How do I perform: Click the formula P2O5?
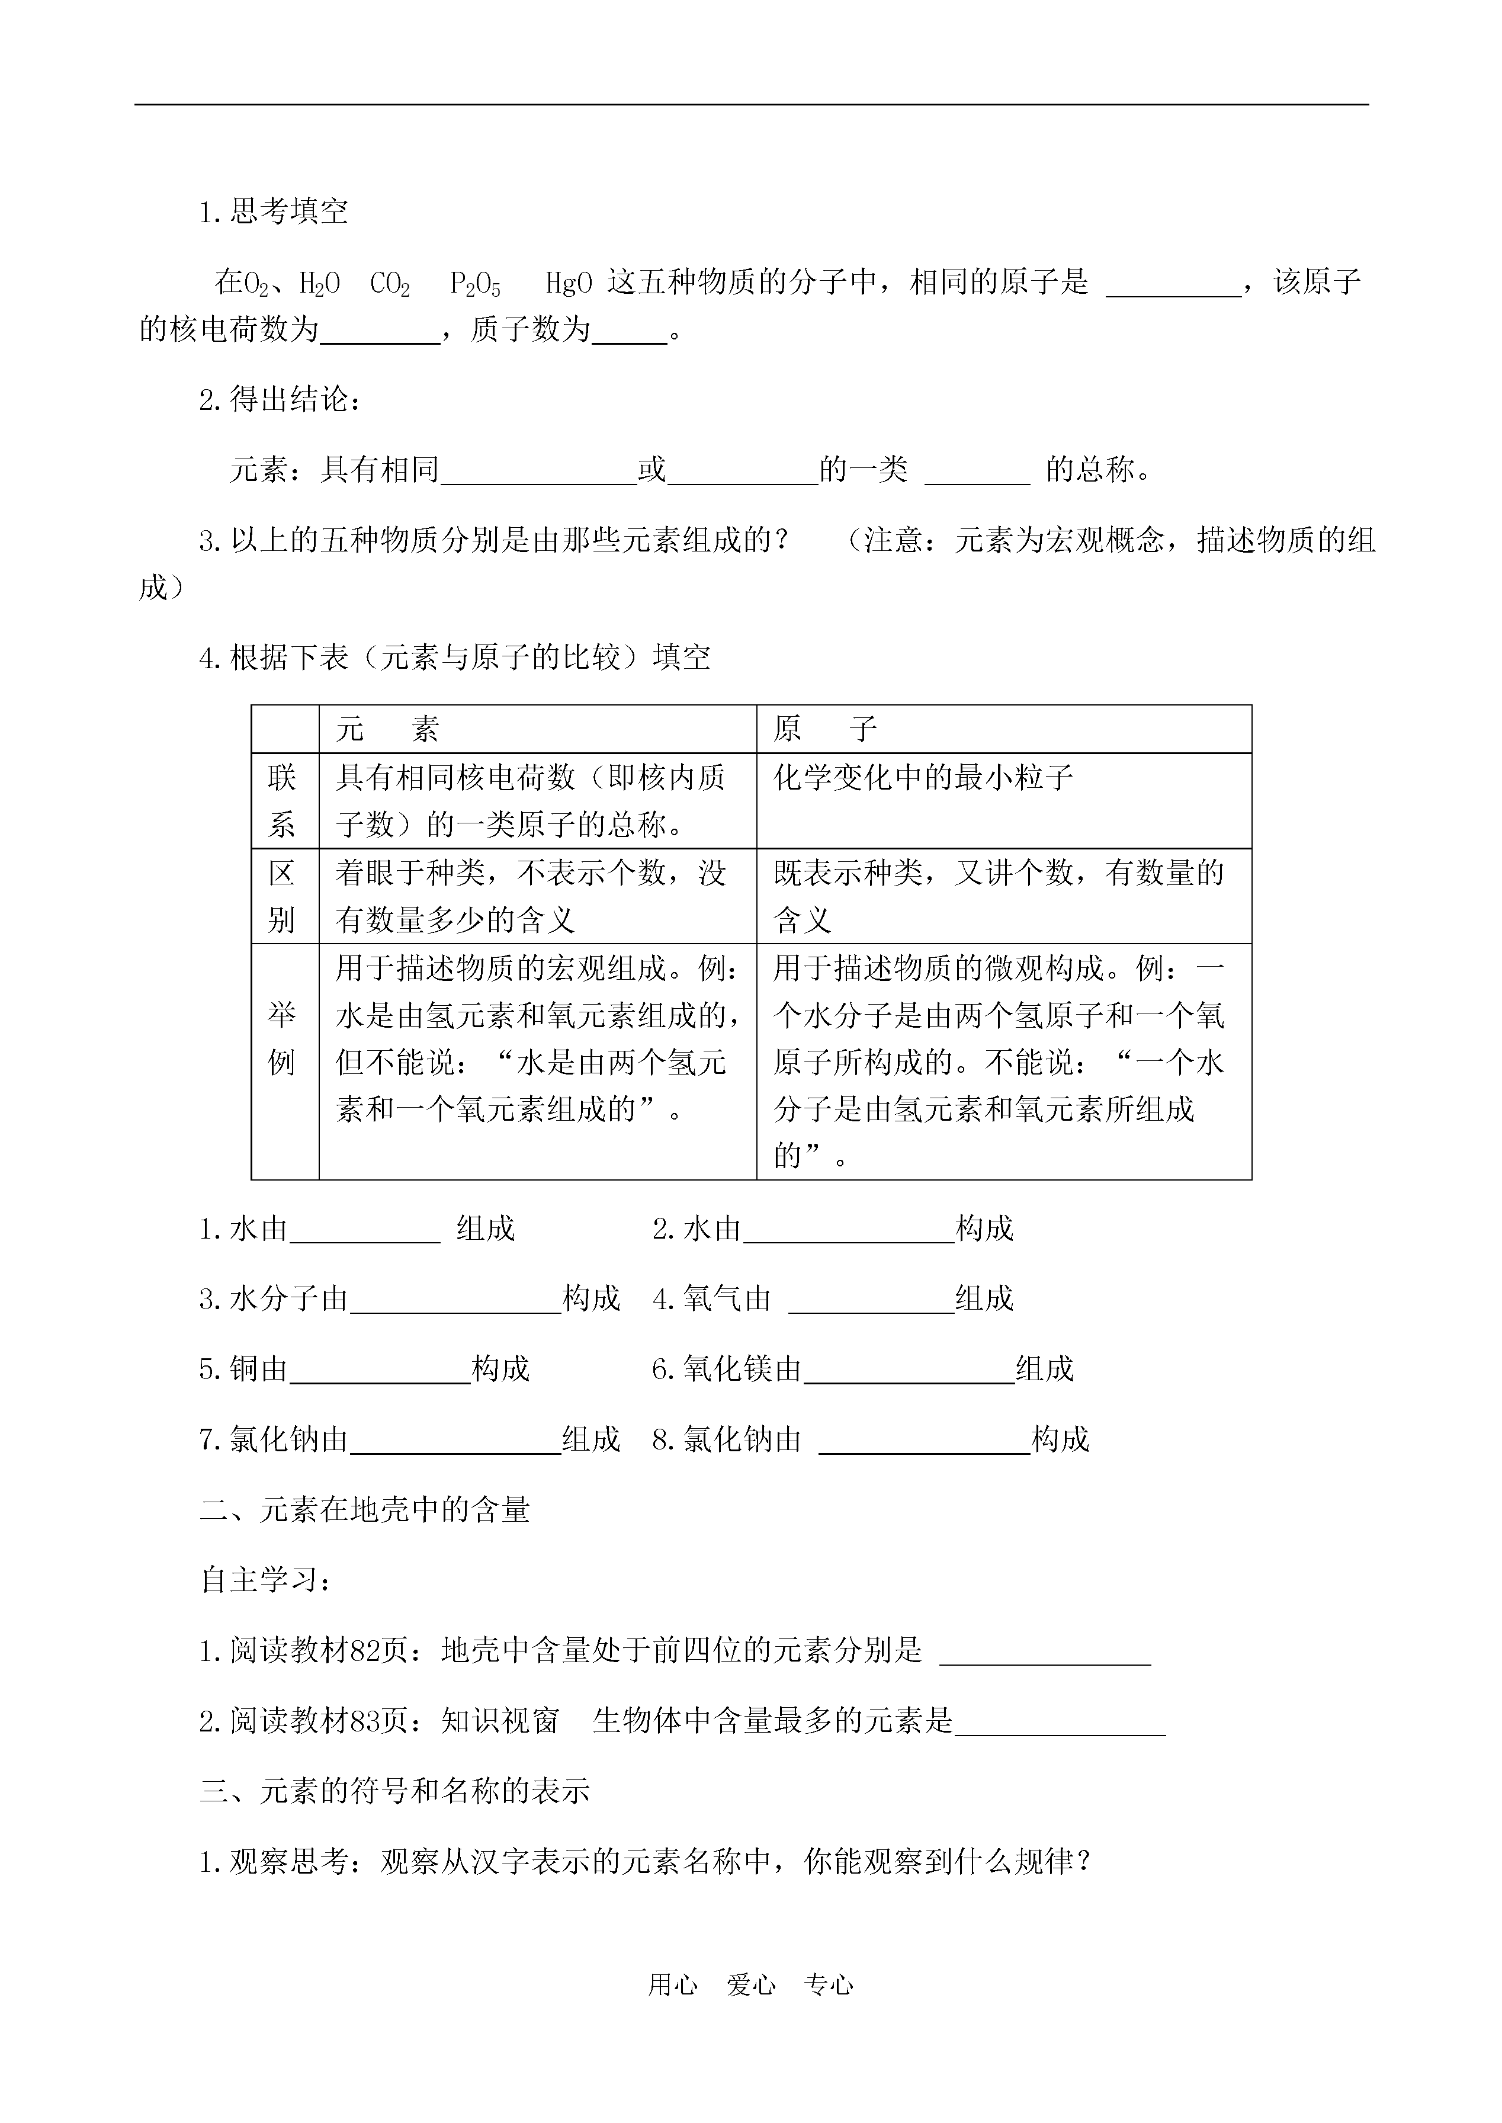point(476,283)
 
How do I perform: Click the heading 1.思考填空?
point(274,212)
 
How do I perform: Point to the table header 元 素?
point(387,730)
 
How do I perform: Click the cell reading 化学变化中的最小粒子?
point(923,778)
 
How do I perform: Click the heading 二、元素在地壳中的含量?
point(365,1511)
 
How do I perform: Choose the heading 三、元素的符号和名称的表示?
point(395,1791)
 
